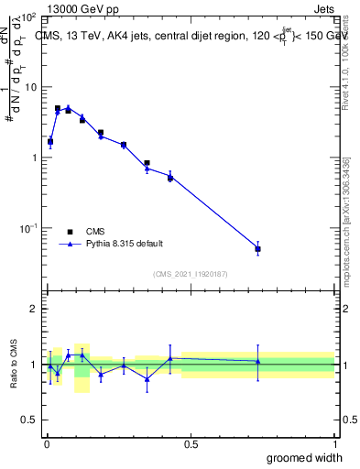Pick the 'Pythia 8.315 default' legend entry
pyautogui.click(x=125, y=244)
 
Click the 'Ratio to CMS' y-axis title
pyautogui.click(x=14, y=365)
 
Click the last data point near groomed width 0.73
pyautogui.click(x=258, y=249)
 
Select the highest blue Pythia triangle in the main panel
pyautogui.click(x=68, y=107)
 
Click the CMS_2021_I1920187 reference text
pyautogui.click(x=191, y=274)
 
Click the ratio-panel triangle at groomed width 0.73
pyautogui.click(x=258, y=361)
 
